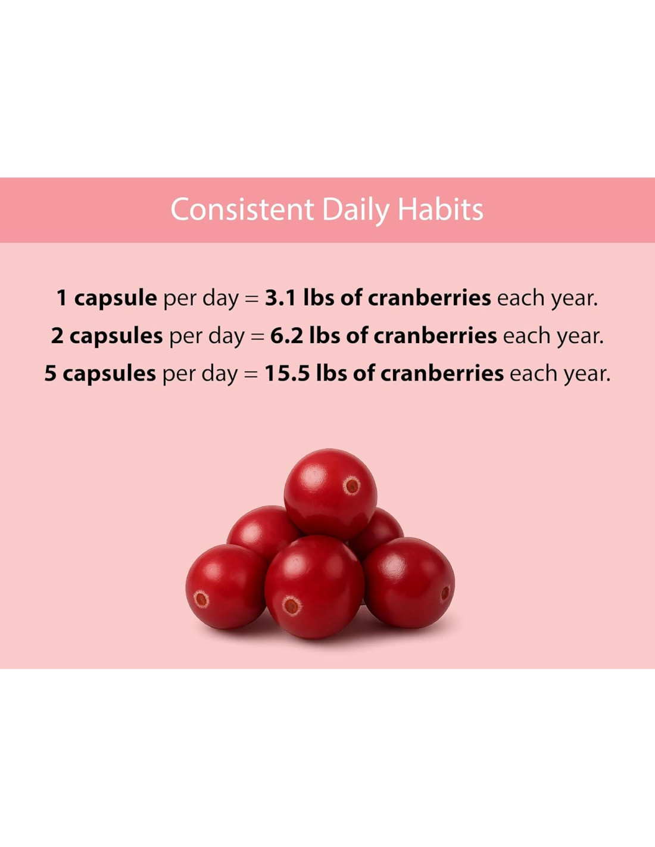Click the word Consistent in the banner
pos(242,210)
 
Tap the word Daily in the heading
pos(355,211)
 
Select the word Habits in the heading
pos(441,209)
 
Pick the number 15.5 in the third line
pos(288,373)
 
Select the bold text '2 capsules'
pos(107,337)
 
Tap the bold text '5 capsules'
pos(100,374)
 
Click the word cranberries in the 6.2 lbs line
pos(435,335)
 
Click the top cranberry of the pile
pos(330,494)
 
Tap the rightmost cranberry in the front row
pos(408,583)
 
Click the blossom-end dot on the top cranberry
pos(352,485)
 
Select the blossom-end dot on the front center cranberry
pos(291,606)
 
